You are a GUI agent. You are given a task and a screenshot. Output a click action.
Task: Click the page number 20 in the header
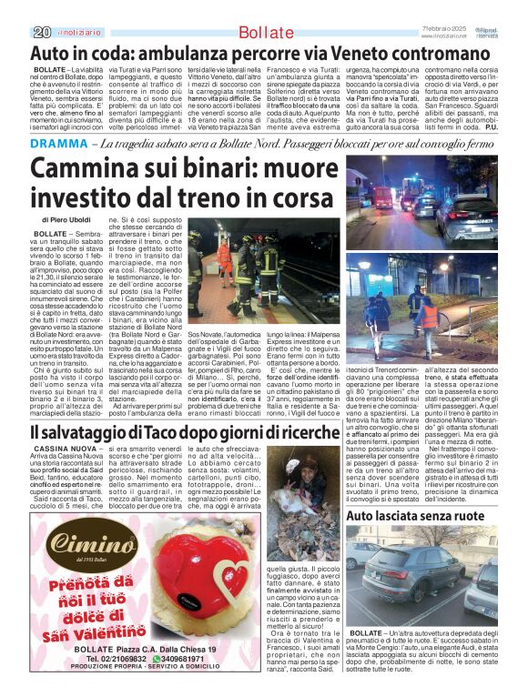(x=41, y=33)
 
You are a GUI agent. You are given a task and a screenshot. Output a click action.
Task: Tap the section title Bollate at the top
(x=264, y=34)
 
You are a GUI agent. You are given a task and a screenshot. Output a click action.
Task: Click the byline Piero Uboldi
(x=76, y=220)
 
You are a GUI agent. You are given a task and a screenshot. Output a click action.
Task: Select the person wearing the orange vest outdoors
(x=429, y=315)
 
